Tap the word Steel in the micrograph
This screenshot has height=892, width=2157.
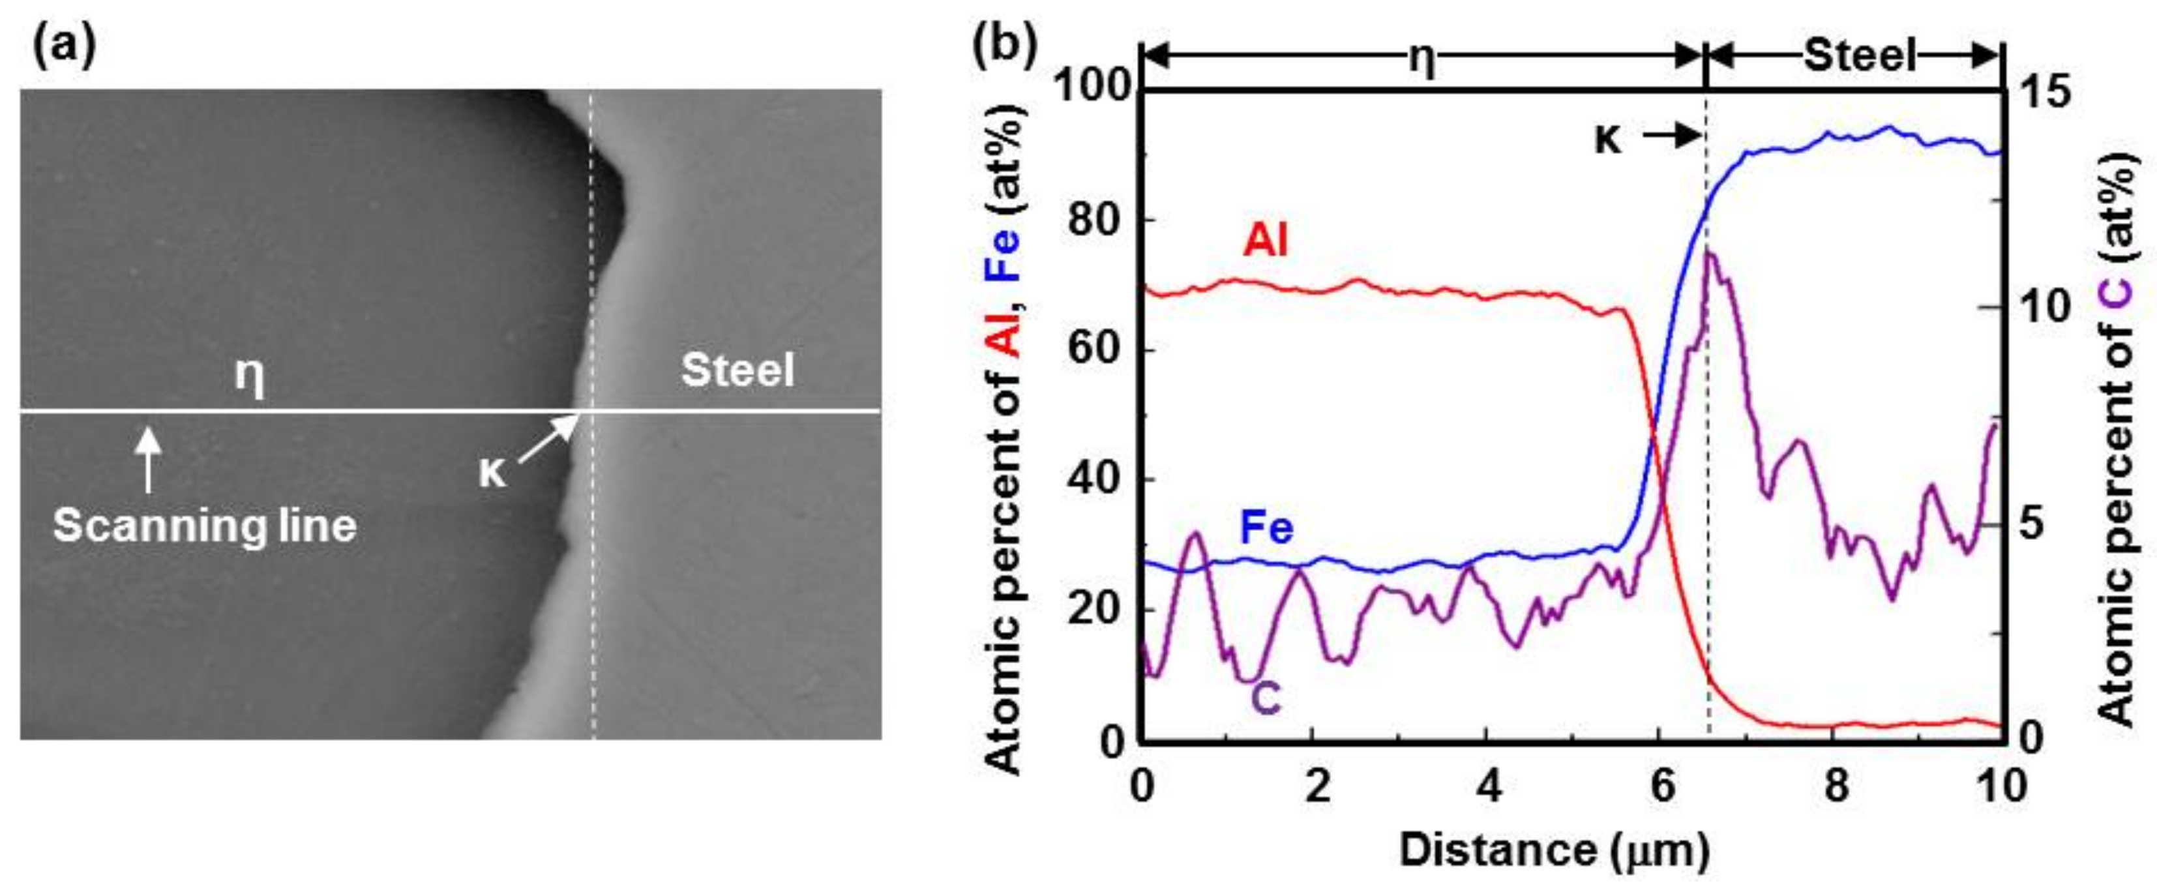point(737,370)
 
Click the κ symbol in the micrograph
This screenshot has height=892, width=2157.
point(492,472)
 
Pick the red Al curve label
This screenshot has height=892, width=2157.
point(1264,241)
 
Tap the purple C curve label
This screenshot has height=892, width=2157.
point(1266,698)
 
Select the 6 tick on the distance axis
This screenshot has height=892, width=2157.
point(1661,786)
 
